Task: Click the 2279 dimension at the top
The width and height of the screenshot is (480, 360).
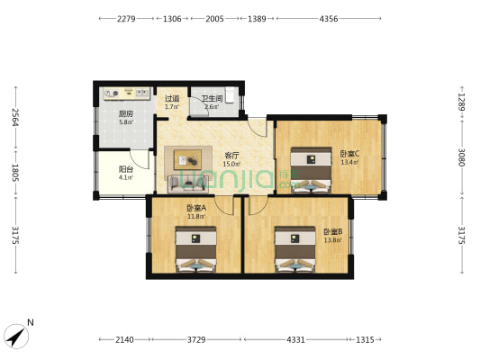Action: (126, 19)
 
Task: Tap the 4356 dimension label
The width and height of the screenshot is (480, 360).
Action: (329, 19)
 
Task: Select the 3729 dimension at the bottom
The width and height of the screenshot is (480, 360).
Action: (196, 339)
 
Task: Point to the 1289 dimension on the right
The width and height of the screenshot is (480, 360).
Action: (462, 103)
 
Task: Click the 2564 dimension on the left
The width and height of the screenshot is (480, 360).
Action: (15, 117)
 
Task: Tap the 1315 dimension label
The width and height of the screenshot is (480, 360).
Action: (365, 339)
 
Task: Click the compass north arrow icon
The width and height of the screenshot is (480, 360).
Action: (16, 336)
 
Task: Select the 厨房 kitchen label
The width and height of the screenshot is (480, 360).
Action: (126, 113)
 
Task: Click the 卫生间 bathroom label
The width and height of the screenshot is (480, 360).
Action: (212, 99)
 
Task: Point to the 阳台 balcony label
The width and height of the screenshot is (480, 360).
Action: (126, 169)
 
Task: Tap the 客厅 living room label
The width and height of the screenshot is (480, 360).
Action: (231, 156)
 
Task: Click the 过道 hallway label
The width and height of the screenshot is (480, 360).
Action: (172, 99)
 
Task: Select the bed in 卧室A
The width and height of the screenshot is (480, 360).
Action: (196, 249)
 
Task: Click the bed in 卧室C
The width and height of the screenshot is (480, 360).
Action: (311, 170)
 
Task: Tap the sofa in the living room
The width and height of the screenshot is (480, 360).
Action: (188, 184)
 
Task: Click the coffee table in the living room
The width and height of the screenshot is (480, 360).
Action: (187, 159)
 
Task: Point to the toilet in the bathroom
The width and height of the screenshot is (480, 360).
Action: (231, 94)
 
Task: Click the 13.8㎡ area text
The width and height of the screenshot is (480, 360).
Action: (332, 240)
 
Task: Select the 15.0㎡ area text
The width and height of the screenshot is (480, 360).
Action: (231, 164)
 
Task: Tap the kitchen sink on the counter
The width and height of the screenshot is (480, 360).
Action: (141, 93)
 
